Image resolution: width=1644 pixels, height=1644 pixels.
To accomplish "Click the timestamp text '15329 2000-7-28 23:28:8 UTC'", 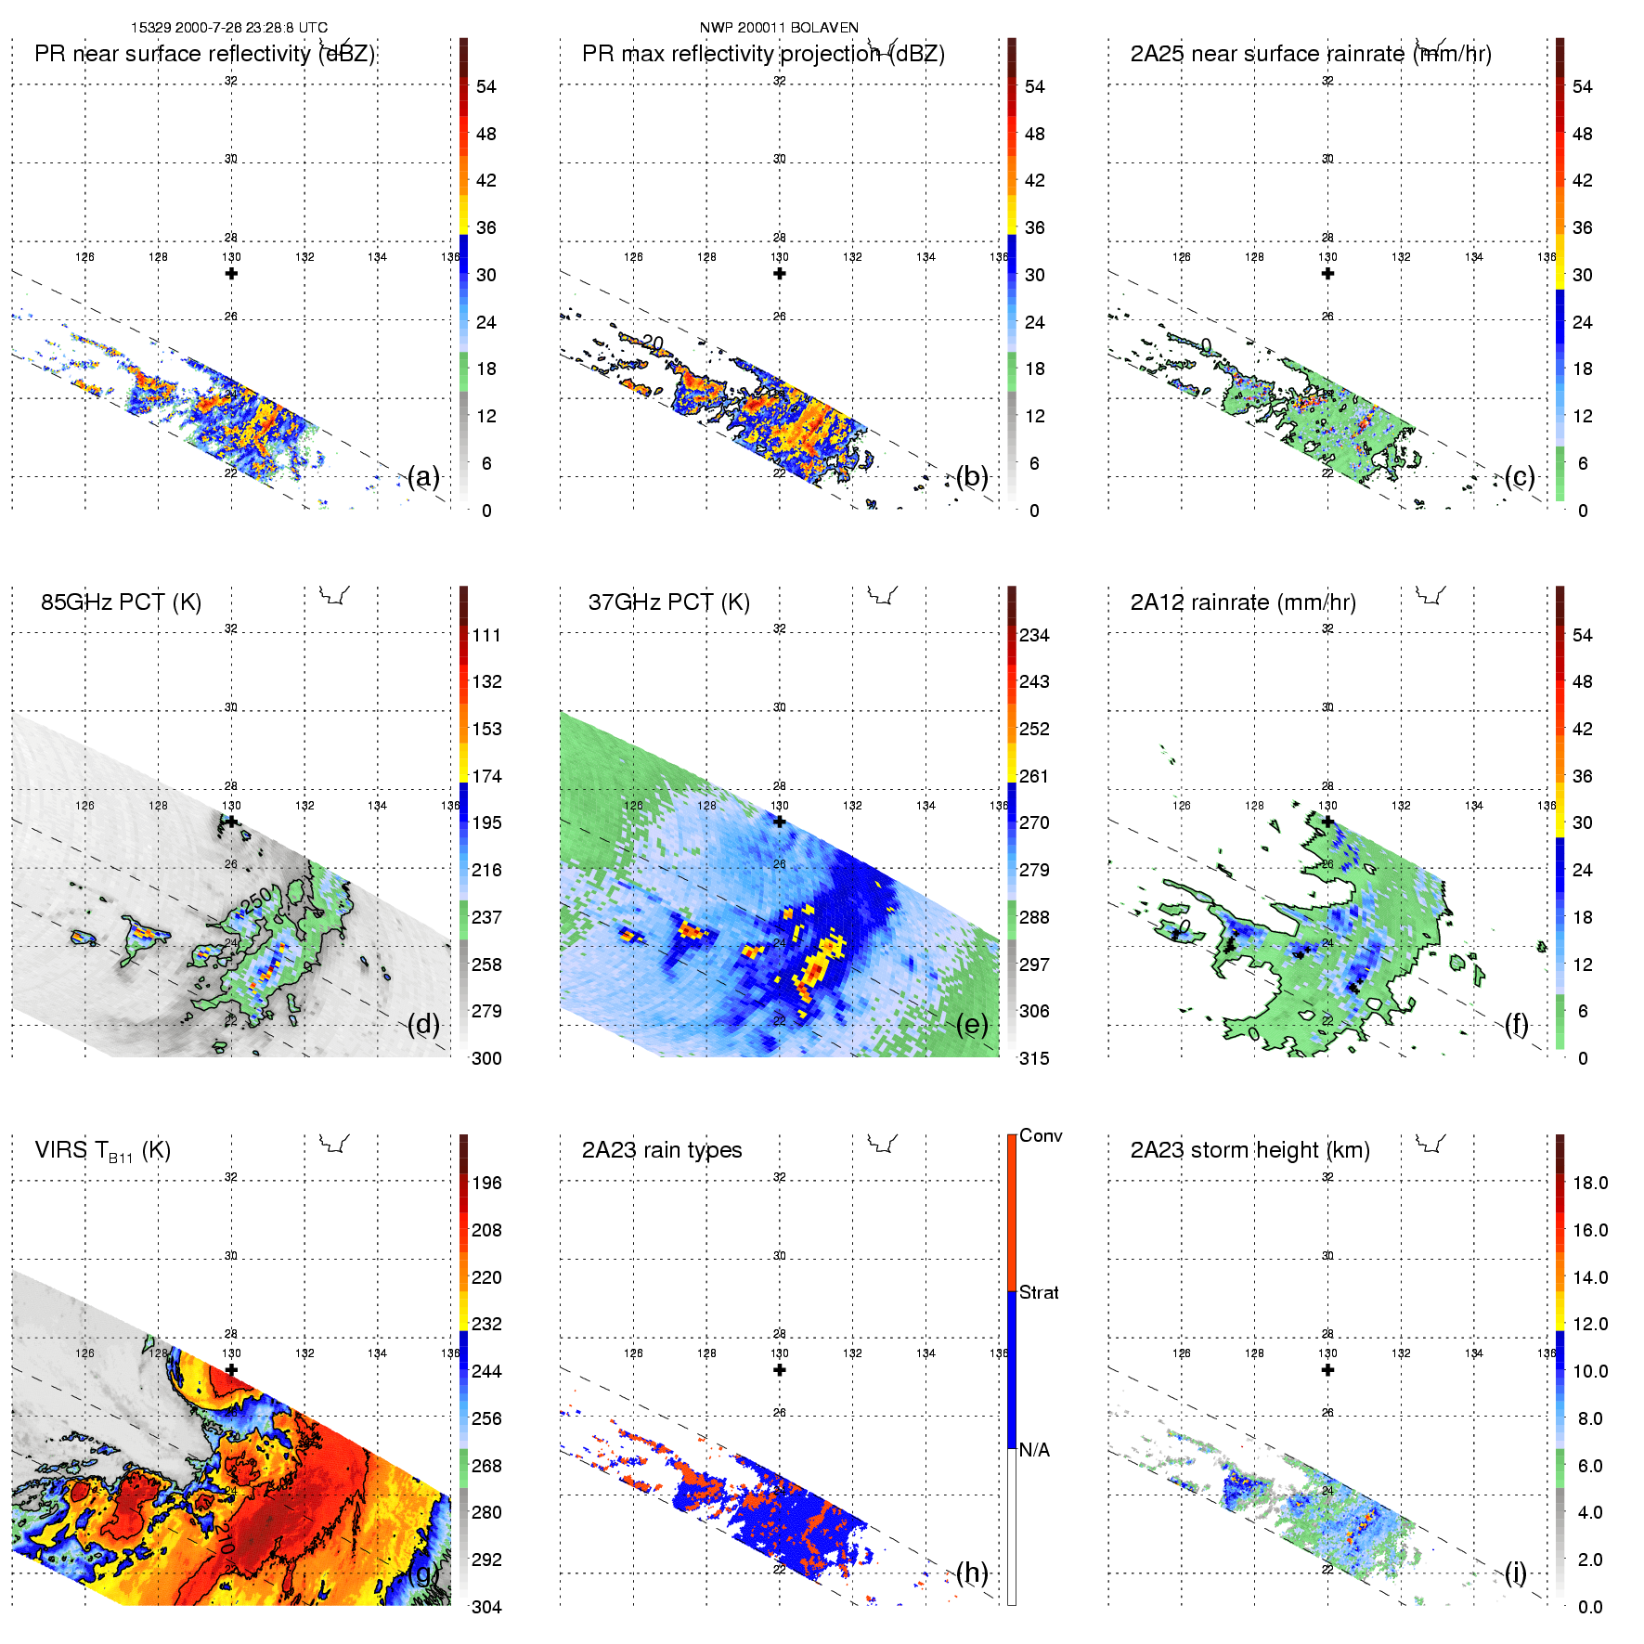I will [228, 28].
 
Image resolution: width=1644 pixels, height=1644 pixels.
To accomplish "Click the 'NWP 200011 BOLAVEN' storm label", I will [779, 28].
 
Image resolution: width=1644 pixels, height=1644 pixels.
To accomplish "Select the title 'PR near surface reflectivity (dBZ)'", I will [204, 54].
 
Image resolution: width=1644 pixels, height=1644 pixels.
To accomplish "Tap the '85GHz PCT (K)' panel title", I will [121, 602].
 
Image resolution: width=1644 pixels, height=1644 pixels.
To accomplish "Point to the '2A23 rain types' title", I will [661, 1150].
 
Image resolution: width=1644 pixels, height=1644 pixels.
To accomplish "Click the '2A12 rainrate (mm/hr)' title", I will [1242, 602].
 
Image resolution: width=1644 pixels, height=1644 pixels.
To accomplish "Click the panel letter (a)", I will [423, 477].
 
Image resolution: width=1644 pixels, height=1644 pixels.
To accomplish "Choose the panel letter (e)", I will [971, 1025].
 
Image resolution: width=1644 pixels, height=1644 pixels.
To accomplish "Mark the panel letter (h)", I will [971, 1573].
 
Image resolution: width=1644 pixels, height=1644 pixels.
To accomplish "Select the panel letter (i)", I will [1515, 1573].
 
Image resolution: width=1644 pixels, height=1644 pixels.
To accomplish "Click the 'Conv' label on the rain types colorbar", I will [1040, 1135].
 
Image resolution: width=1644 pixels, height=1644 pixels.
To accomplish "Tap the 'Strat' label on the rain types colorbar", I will [1039, 1292].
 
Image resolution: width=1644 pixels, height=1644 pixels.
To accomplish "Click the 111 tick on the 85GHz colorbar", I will [486, 635].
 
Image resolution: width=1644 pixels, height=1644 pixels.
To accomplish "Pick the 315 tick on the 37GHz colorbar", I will [1034, 1058].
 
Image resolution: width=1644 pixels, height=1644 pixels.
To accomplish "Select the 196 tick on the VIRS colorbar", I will [486, 1183].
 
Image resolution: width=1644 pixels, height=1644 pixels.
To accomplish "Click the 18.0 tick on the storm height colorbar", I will [1589, 1183].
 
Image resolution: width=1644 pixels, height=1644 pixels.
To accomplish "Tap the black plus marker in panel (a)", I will [231, 274].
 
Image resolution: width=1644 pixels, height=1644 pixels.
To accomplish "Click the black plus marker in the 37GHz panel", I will [780, 822].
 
